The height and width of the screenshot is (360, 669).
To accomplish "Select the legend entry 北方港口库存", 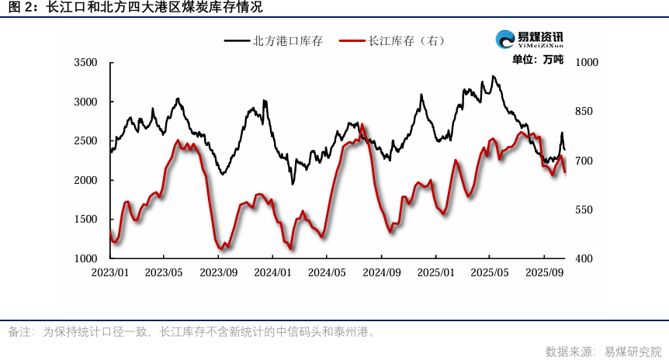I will click(284, 40).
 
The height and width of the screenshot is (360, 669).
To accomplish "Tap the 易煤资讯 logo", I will click(529, 39).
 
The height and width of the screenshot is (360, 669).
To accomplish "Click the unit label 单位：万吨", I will click(538, 60).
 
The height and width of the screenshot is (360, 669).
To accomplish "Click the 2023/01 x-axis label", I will click(110, 273).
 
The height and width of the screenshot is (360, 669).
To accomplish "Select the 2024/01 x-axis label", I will click(273, 273).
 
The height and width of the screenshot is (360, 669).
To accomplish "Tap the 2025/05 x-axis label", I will click(490, 273).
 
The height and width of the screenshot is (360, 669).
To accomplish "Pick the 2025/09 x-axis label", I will click(544, 273).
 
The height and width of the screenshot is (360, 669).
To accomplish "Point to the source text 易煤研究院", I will click(633, 351).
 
